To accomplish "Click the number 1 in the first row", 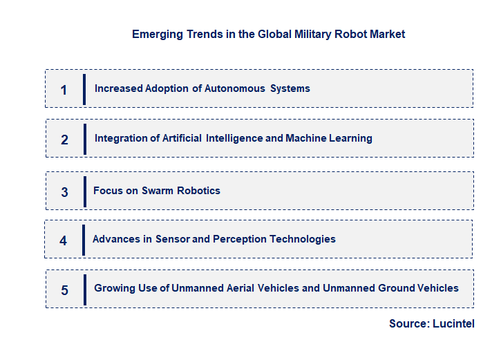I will coord(64,90).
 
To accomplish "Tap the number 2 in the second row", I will coord(64,140).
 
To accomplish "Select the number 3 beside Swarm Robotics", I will coord(64,192).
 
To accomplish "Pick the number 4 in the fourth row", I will coord(64,240).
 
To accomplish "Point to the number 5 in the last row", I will coord(64,290).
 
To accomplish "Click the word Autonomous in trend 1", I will coord(235,88).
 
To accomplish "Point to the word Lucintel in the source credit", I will coord(453,323).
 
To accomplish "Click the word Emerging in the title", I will coord(157,34).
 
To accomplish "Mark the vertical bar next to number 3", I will coord(85,191).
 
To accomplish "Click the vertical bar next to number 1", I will coord(84,88).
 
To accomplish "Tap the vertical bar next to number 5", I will coord(85,289).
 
